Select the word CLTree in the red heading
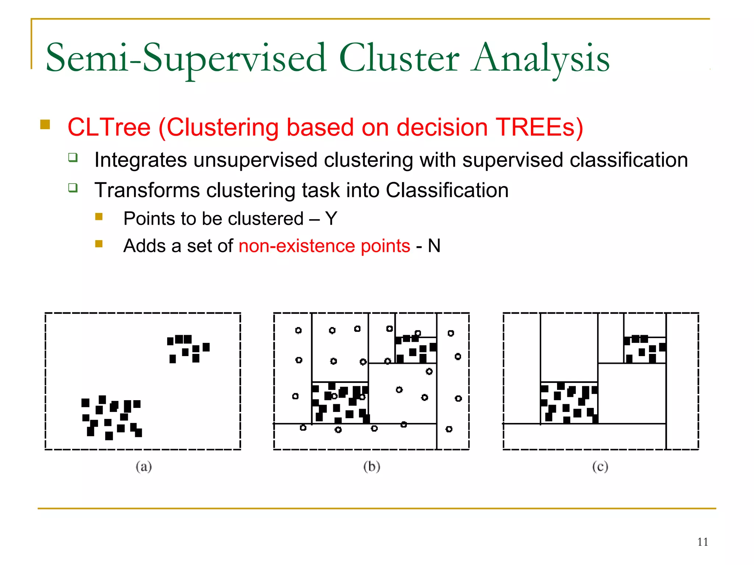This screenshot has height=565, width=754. pos(109,127)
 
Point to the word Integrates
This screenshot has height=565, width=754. pos(141,160)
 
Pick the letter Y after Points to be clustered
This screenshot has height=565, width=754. pos(331,218)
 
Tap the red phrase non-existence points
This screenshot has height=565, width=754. pos(324,246)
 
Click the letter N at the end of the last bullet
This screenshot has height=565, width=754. pos(434,246)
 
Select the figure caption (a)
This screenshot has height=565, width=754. pos(144,466)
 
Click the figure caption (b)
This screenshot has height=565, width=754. pos(371,466)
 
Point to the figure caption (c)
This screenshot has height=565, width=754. pos(600,466)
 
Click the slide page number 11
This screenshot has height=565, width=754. pos(702,542)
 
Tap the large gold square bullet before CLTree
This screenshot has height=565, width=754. pos(45,124)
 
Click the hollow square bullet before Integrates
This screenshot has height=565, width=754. pos(73,158)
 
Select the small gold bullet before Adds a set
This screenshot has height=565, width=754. pos(99,244)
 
